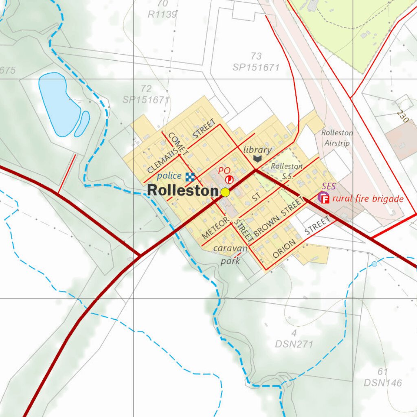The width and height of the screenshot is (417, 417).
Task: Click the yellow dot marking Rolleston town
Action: tap(225, 193)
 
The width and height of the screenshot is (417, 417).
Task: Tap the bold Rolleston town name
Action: tap(183, 191)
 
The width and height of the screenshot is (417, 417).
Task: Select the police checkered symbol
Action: tap(190, 177)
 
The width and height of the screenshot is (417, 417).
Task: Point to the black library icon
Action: tap(257, 158)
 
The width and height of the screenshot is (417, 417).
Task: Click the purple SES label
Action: tap(329, 187)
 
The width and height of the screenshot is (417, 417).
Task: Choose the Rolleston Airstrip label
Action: tap(337, 138)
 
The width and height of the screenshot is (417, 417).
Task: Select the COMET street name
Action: tap(178, 144)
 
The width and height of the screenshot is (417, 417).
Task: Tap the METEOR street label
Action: tap(215, 228)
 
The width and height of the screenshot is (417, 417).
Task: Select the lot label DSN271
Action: tap(294, 344)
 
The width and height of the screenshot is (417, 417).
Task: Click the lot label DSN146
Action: tap(383, 383)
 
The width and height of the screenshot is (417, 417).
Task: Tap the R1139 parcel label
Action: tap(162, 15)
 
